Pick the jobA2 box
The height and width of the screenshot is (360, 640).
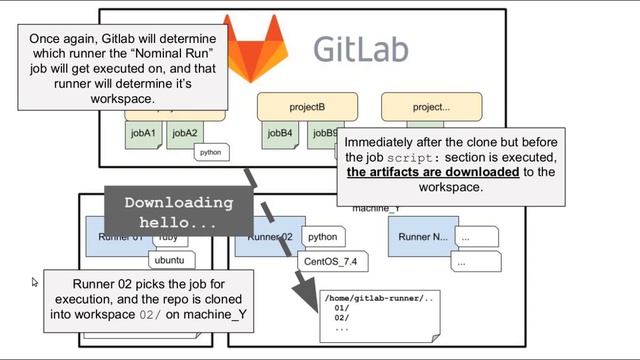pyautogui.click(x=185, y=132)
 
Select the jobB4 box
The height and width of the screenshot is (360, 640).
pyautogui.click(x=281, y=132)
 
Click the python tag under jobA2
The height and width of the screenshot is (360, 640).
pyautogui.click(x=210, y=153)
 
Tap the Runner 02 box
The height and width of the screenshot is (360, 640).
pyautogui.click(x=264, y=237)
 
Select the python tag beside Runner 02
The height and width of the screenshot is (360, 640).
pyautogui.click(x=322, y=237)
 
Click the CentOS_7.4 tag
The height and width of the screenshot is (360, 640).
pyautogui.click(x=331, y=261)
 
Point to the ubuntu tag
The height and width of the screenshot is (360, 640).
pyautogui.click(x=170, y=261)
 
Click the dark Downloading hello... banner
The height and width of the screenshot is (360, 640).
pyautogui.click(x=177, y=213)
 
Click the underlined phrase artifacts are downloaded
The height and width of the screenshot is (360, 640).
pyautogui.click(x=432, y=172)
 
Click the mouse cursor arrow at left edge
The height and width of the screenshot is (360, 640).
pyautogui.click(x=36, y=283)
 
